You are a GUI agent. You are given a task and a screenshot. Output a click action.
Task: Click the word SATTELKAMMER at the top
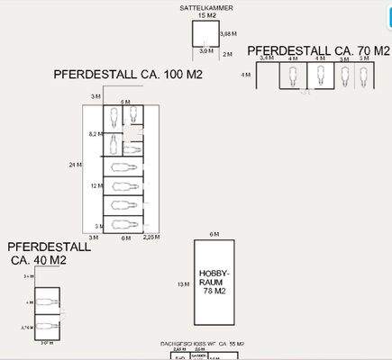tap(206, 7)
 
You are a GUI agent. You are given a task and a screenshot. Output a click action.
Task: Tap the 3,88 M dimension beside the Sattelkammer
tap(227, 33)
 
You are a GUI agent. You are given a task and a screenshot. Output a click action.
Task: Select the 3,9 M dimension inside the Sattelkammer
tap(206, 51)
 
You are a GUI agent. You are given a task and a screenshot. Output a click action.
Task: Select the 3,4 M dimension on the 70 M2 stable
tap(266, 58)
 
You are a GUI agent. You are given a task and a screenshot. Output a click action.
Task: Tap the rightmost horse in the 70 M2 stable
tap(364, 77)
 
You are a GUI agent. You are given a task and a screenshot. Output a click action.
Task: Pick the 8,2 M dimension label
tap(94, 133)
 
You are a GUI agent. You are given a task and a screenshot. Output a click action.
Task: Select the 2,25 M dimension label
tap(151, 238)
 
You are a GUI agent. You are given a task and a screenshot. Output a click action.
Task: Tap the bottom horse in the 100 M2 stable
tap(123, 223)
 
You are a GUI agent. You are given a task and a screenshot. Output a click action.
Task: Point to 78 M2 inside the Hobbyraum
tap(214, 291)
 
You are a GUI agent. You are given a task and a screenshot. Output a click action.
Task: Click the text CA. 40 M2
tap(39, 261)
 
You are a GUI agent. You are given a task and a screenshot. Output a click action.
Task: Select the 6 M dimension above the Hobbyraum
tap(214, 234)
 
